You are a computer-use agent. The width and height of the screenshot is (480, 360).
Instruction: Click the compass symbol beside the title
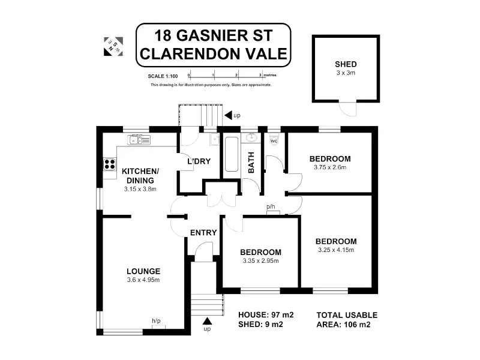pyautogui.click(x=112, y=46)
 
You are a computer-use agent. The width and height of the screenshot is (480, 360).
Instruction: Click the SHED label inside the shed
pyautogui.click(x=346, y=64)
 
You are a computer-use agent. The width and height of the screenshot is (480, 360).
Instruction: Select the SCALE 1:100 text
pyautogui.click(x=163, y=76)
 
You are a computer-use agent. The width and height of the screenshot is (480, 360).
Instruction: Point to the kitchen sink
pyautogui.click(x=138, y=140)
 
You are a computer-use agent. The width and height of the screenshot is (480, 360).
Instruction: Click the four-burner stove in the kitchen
pyautogui.click(x=110, y=164)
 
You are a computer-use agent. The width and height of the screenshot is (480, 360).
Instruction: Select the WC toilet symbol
pyautogui.click(x=274, y=141)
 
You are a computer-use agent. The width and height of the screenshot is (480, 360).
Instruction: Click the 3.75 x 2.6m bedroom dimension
pyautogui.click(x=330, y=167)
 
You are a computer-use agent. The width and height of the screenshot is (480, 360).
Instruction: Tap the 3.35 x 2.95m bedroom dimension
pyautogui.click(x=260, y=260)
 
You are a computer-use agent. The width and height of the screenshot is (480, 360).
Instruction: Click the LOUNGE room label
pyautogui.click(x=144, y=271)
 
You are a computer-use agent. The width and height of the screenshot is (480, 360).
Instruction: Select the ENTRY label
pyautogui.click(x=203, y=233)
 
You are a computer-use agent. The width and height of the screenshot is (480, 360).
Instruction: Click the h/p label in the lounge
pyautogui.click(x=156, y=321)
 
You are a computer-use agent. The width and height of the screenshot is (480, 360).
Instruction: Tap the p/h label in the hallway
pyautogui.click(x=271, y=206)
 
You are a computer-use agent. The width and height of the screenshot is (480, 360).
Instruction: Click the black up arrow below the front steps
pyautogui.click(x=208, y=322)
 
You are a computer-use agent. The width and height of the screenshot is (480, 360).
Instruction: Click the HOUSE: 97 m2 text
pyautogui.click(x=265, y=315)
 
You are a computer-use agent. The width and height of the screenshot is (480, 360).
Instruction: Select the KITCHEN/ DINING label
pyautogui.click(x=140, y=175)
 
